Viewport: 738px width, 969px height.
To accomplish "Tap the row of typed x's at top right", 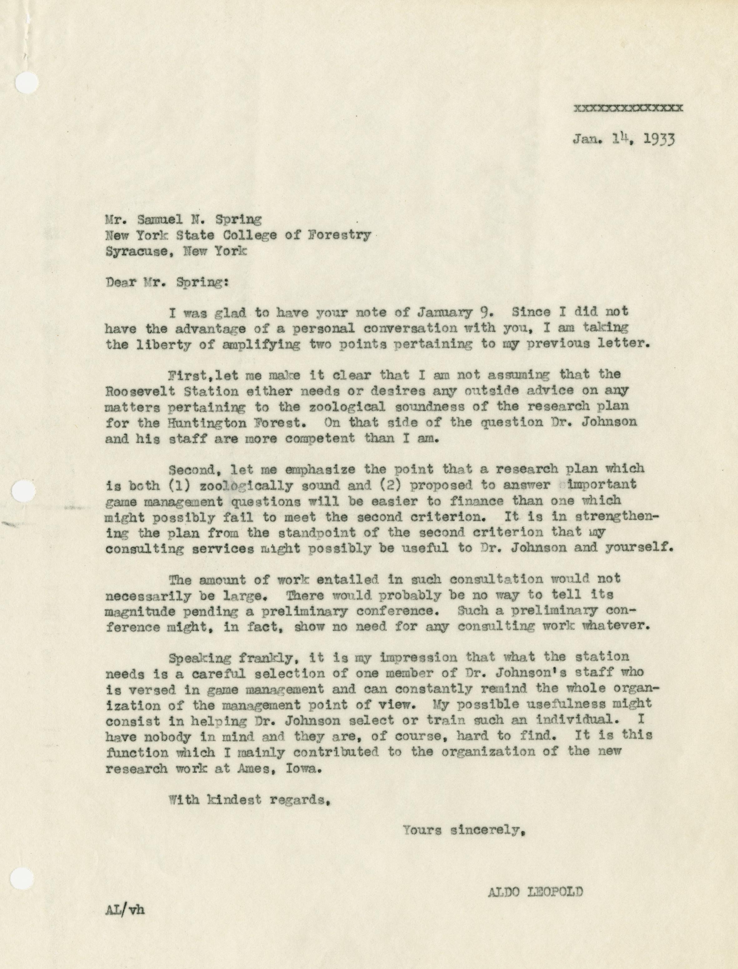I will (x=628, y=108).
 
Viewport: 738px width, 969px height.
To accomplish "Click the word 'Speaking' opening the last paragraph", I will (x=201, y=658).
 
